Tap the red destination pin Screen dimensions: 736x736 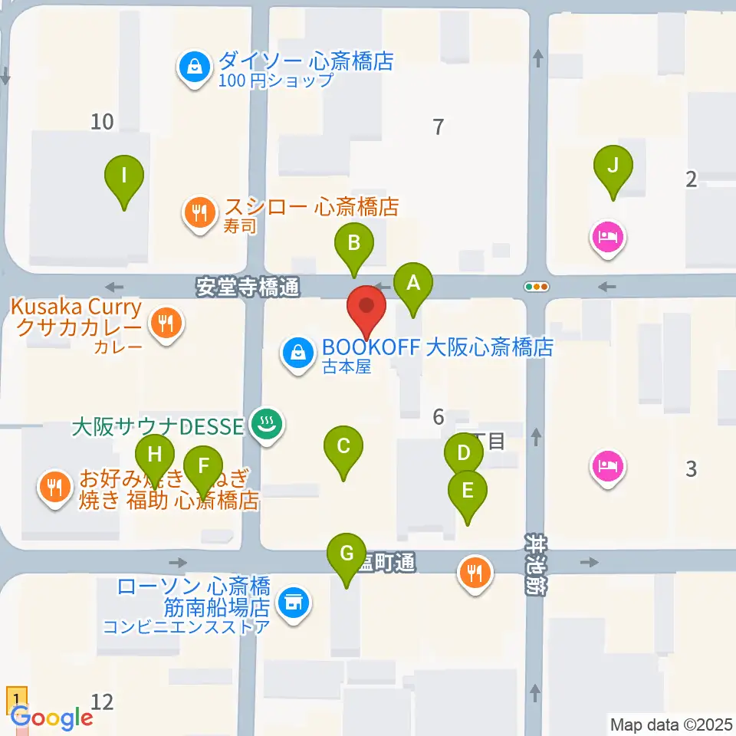coord(367,308)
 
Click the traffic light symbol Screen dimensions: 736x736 coord(537,287)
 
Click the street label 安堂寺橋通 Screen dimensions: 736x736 coord(247,287)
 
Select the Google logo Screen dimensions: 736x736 coord(51,718)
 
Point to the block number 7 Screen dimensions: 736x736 coord(438,127)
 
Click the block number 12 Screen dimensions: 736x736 coord(102,701)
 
